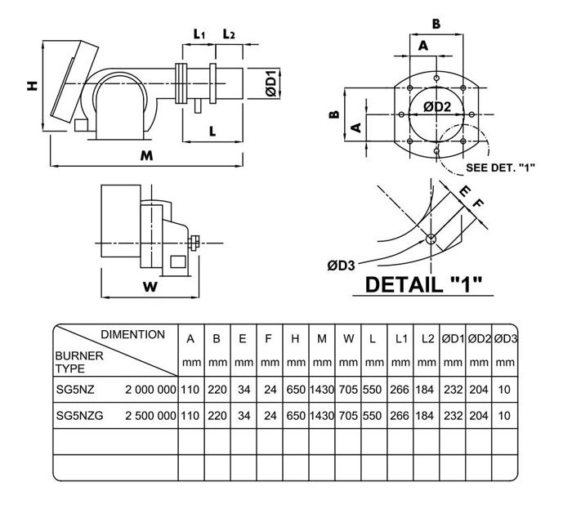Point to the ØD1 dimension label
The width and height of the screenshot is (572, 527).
274,86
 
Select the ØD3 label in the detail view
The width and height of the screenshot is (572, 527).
339,265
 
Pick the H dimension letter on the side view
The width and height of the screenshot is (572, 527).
31,85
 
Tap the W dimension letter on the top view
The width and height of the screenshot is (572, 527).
149,287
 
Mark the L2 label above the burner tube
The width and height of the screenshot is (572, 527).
229,33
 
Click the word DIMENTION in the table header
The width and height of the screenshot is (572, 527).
132,335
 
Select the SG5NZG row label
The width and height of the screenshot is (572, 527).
77,416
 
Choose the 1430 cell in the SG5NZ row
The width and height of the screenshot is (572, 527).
321,390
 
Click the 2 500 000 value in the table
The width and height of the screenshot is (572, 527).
150,416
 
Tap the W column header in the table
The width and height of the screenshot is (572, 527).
348,338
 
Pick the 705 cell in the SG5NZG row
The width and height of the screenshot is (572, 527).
348,416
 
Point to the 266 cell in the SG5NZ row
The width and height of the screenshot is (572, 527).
400,390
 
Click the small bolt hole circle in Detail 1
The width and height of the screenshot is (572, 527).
431,239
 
